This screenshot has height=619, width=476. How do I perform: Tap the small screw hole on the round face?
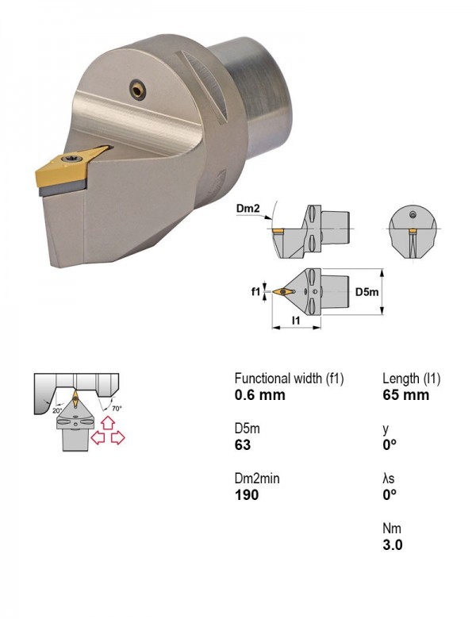pyautogui.click(x=138, y=90)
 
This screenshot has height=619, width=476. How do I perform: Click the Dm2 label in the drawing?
pyautogui.click(x=248, y=209)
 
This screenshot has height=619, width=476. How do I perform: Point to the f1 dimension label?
pyautogui.click(x=255, y=291)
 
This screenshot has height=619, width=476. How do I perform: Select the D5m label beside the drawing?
pyautogui.click(x=367, y=292)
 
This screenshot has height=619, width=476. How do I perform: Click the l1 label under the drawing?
pyautogui.click(x=296, y=320)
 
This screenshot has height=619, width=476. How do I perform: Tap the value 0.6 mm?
pyautogui.click(x=259, y=394)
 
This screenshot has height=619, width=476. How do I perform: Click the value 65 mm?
pyautogui.click(x=405, y=394)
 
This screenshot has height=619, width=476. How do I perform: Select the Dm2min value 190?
pyautogui.click(x=247, y=494)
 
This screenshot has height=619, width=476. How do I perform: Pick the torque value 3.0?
pyautogui.click(x=393, y=544)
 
